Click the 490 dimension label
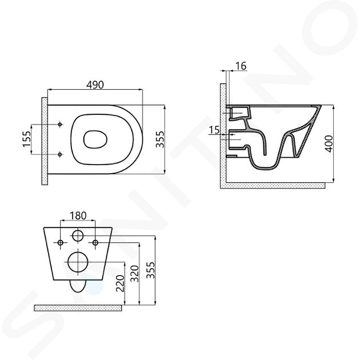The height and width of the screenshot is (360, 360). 95,85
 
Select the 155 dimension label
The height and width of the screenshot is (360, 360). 26,139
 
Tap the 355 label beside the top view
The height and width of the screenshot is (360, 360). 160,139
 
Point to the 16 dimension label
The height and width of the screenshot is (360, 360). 241,66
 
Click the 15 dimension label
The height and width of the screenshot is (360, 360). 214,130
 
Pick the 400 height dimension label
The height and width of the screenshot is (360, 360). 329,144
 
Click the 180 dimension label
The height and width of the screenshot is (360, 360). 78,215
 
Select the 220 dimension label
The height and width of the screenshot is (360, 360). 120,283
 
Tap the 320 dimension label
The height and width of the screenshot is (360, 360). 135,274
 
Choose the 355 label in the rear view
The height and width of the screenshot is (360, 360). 151,270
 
